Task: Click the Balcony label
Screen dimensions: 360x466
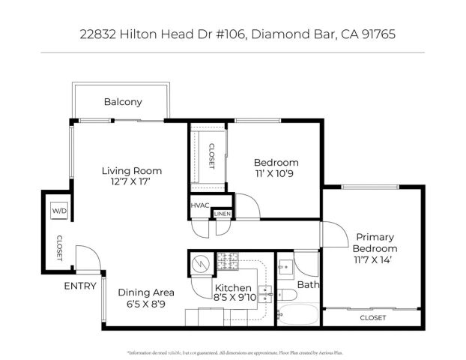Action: (123, 102)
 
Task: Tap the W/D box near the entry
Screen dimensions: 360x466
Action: (59, 211)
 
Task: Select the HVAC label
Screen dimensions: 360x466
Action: (199, 205)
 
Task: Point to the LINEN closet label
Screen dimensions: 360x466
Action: (223, 214)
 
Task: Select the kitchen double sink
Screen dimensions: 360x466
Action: (265, 292)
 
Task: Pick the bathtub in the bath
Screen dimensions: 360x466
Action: (298, 314)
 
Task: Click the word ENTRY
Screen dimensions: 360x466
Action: (80, 286)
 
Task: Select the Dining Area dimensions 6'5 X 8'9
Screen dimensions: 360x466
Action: (146, 304)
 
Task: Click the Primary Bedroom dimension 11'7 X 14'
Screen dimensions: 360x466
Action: (376, 260)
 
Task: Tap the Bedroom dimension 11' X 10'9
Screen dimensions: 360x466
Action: (276, 175)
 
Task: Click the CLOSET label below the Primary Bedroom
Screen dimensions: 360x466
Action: (372, 318)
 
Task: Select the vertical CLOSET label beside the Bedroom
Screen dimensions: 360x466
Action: (211, 156)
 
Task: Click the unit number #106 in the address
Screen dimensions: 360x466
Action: (234, 34)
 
